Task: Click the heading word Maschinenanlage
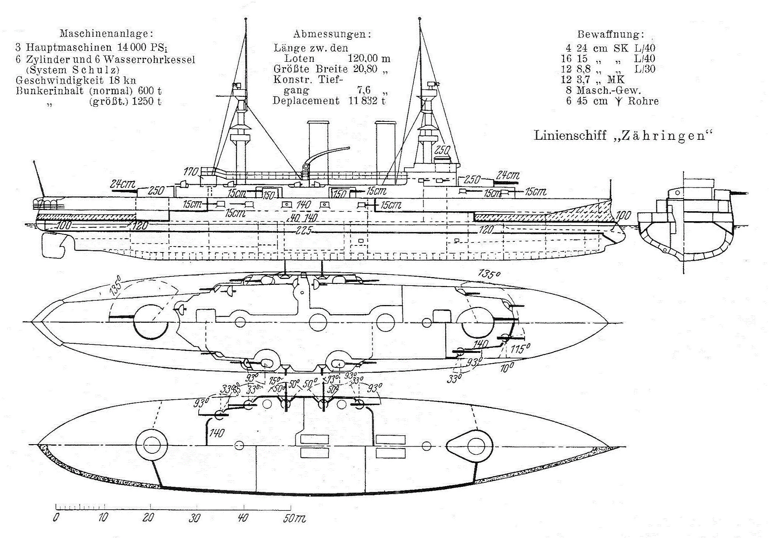(106, 34)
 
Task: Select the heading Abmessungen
(332, 34)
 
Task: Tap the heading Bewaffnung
(611, 34)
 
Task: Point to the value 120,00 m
(369, 59)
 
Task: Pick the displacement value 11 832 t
(367, 100)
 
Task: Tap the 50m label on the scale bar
(294, 518)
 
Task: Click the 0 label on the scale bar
(56, 517)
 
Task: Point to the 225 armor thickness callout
(304, 231)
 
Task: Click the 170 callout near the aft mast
(191, 171)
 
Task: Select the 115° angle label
(520, 348)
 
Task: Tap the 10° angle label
(507, 367)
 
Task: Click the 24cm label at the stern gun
(123, 184)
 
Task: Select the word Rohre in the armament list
(643, 101)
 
